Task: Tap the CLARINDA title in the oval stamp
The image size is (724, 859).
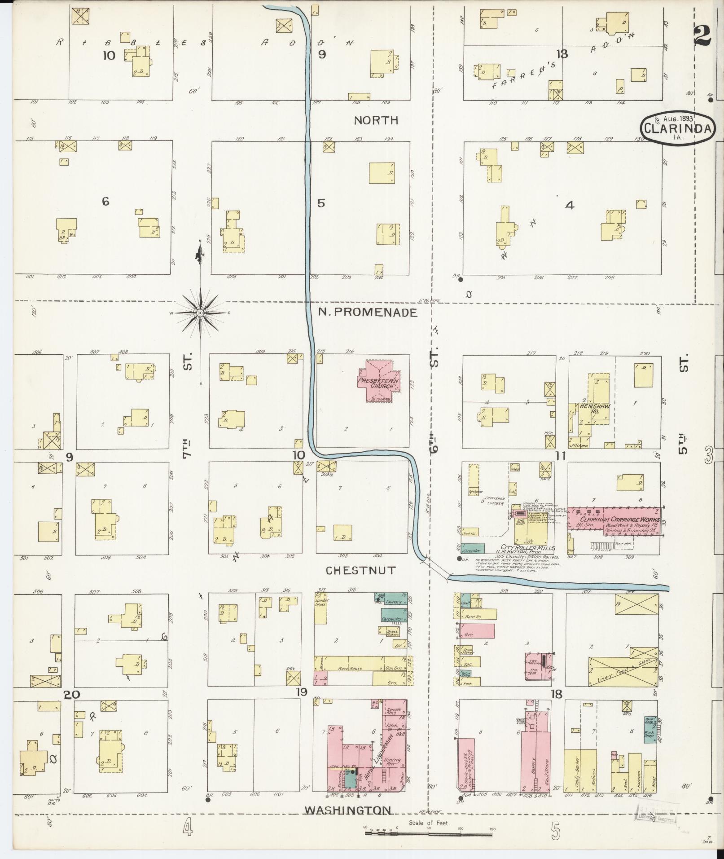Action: [678, 129]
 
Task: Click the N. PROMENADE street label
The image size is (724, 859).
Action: [368, 313]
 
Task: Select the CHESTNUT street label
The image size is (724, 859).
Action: [360, 570]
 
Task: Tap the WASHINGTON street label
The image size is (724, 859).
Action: [348, 810]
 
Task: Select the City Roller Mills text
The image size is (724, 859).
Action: [531, 548]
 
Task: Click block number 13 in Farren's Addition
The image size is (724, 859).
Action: [562, 54]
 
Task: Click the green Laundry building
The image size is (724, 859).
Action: [394, 601]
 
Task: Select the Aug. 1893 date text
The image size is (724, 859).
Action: [678, 119]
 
